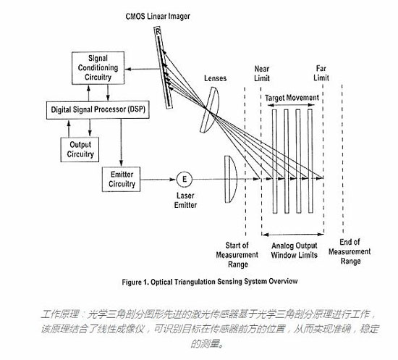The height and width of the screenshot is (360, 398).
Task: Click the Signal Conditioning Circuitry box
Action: point(98,68)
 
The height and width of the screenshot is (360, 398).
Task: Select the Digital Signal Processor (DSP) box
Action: point(98,110)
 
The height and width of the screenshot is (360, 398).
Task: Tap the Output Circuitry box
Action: point(80,149)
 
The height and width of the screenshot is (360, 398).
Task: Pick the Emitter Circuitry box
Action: point(122,179)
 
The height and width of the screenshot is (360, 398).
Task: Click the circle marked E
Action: point(185,179)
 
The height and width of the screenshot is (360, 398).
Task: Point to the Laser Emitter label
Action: point(185,201)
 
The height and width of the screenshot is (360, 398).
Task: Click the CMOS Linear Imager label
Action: point(158,17)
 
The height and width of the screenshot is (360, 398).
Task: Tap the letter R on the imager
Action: point(158,31)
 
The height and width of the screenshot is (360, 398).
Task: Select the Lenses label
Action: point(215,78)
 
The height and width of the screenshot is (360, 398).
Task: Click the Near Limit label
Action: point(262,73)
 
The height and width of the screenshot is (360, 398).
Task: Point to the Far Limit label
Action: point(321,73)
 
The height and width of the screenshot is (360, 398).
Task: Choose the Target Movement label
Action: point(292,98)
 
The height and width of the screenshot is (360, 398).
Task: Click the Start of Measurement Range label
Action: point(237,255)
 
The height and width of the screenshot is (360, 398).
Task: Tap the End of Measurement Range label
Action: point(350,251)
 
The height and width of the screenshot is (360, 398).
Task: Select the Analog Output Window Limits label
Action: point(295,251)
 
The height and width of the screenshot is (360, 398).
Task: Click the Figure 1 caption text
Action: point(210,282)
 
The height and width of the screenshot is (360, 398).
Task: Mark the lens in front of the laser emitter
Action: point(230,179)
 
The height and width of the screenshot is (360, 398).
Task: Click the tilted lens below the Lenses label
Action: point(210,110)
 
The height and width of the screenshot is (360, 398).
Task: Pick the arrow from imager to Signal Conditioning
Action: point(143,69)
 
